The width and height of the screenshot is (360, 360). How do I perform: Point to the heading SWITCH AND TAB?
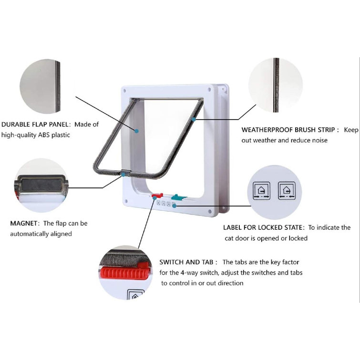188,262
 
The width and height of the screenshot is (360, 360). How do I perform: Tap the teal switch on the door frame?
178,196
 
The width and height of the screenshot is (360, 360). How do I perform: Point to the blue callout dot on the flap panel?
136,130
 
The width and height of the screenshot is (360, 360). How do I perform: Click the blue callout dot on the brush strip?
194,119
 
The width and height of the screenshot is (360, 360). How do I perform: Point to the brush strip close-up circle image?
275,85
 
